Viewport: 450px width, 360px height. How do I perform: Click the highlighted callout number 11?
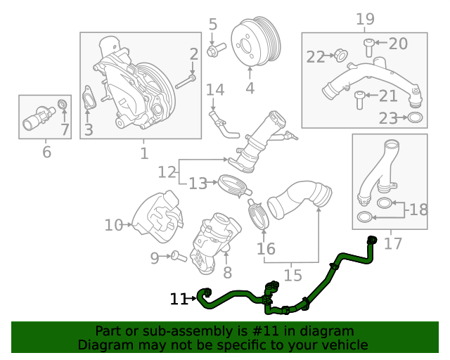[179, 300]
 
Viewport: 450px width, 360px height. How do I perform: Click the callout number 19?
[364, 19]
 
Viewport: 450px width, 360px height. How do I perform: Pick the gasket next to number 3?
[88, 100]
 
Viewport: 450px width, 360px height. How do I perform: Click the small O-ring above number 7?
[63, 105]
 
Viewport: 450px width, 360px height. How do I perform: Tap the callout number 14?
[214, 89]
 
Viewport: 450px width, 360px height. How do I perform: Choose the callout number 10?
[113, 225]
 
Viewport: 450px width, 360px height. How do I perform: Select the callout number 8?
[227, 272]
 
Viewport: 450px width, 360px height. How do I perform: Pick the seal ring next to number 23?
[415, 117]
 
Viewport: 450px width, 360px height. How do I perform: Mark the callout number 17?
[393, 243]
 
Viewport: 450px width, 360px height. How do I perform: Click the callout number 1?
[143, 153]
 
